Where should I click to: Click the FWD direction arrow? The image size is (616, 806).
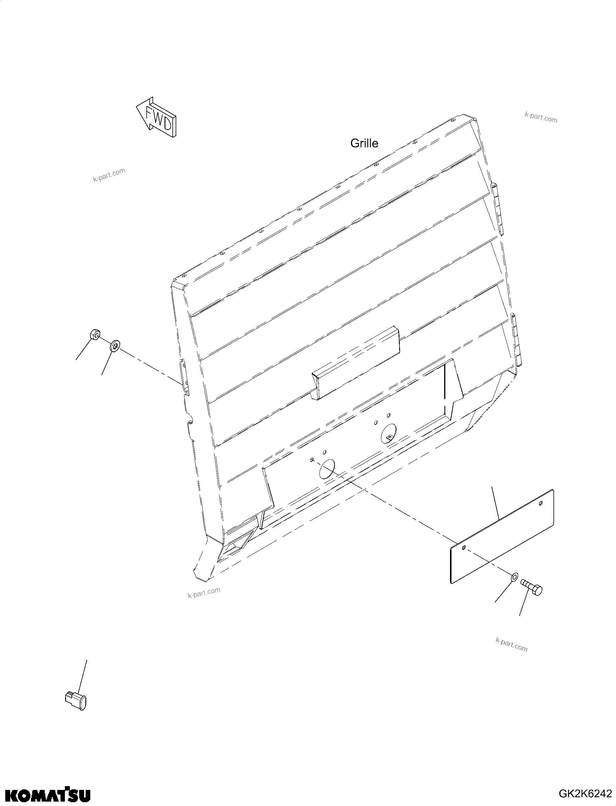point(157,118)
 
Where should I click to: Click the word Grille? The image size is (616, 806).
point(364,143)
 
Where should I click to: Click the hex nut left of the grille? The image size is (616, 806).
point(94,334)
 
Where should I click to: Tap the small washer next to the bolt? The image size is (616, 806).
point(514,577)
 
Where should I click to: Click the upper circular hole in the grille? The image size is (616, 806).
point(389,432)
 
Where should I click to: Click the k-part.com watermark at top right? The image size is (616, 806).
point(541,118)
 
